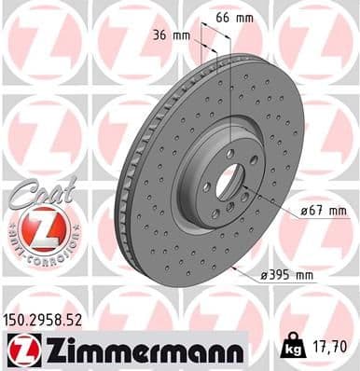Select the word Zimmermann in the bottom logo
(x=141, y=350)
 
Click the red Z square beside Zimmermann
(x=19, y=350)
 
